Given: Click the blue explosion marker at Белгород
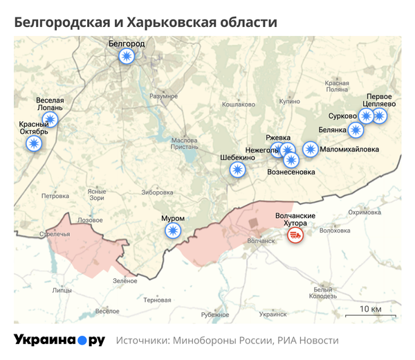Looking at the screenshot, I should [126, 57].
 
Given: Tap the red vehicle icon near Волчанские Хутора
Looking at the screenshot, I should [295, 236].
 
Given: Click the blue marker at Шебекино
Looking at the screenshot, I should [237, 170].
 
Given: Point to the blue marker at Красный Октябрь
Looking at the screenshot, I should [33, 144].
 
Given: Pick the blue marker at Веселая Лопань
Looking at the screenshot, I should [50, 120].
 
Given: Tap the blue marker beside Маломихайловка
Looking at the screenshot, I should [311, 149].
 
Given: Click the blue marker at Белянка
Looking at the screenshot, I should [355, 129].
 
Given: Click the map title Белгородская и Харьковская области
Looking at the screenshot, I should [146, 23].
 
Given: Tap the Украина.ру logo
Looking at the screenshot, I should [59, 340].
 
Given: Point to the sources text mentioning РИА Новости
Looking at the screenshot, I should [228, 341].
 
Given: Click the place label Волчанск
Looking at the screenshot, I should [261, 241].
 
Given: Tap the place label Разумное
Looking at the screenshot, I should [163, 96].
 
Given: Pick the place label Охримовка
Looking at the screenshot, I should [365, 213].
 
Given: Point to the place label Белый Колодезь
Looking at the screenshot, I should [322, 293].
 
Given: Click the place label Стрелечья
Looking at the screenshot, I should [55, 235].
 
